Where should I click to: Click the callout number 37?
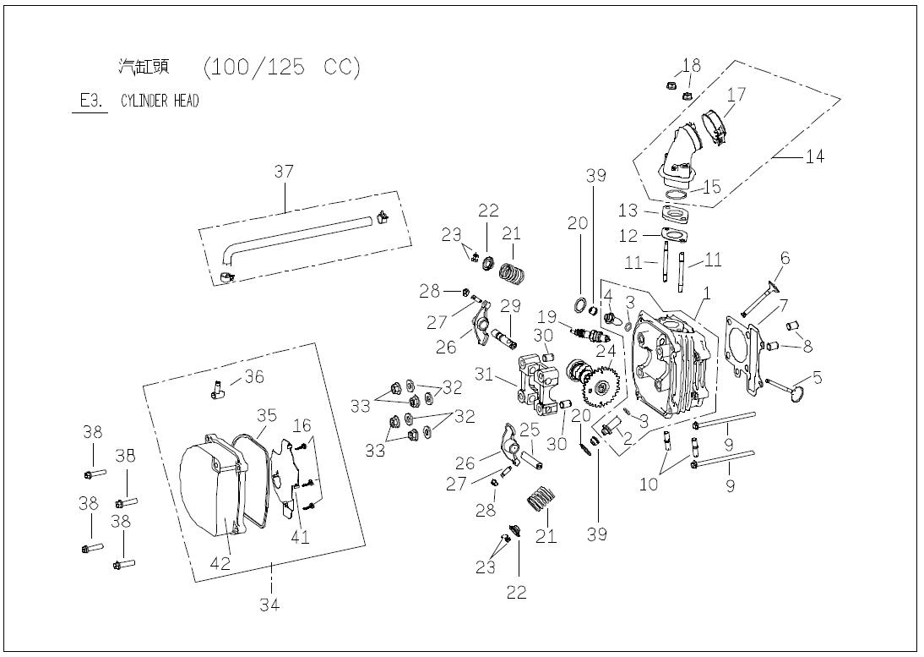[x=283, y=172]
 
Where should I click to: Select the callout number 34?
[x=269, y=604]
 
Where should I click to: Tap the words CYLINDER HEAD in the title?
[x=160, y=101]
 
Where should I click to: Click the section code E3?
[x=90, y=101]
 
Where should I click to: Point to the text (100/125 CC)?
[x=282, y=68]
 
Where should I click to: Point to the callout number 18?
[x=691, y=65]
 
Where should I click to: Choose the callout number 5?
[x=817, y=376]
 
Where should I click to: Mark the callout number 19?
[x=546, y=317]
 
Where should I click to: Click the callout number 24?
[x=606, y=349]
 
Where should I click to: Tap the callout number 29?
[x=510, y=305]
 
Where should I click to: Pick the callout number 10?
[x=648, y=484]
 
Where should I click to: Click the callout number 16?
[x=302, y=424]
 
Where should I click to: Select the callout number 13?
[x=628, y=210]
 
